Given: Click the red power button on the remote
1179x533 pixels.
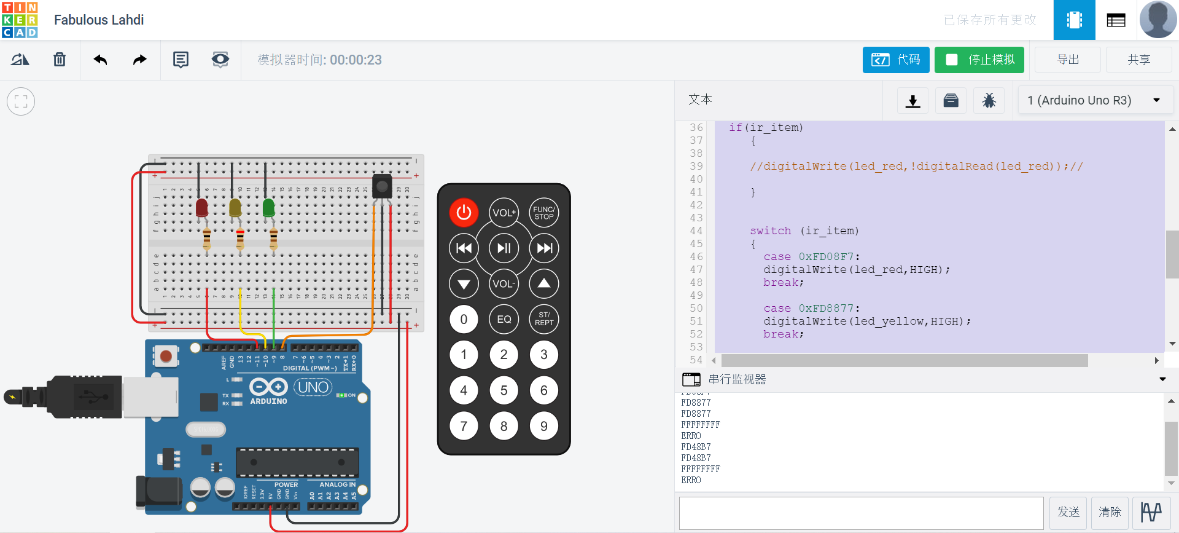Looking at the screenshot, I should click(464, 213).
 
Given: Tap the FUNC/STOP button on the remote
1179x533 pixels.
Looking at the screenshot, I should click(543, 213).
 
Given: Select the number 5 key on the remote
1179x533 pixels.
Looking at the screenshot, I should click(504, 390).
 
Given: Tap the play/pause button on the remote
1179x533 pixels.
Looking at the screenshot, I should click(504, 248).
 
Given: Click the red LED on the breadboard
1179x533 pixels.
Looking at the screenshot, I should click(201, 208).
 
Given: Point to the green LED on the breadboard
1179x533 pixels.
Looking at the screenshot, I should click(268, 208).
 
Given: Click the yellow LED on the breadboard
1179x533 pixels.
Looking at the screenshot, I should click(235, 208).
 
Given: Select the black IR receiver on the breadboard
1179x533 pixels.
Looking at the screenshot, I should click(382, 185).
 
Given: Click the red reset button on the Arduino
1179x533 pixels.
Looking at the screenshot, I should click(166, 355).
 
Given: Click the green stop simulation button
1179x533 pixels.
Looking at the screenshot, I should click(979, 60).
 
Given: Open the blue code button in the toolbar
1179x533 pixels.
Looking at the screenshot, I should click(895, 60).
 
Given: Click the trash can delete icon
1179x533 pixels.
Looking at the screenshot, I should click(60, 60).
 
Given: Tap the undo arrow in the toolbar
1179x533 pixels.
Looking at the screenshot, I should click(100, 60).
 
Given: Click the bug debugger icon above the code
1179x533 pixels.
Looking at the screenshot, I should click(989, 100).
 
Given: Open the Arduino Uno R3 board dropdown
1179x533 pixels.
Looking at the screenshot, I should click(1095, 100).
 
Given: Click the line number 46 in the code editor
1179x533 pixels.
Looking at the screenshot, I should click(696, 257).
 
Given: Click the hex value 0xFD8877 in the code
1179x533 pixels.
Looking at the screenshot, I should click(825, 309).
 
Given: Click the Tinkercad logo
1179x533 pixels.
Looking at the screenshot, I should click(20, 20).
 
